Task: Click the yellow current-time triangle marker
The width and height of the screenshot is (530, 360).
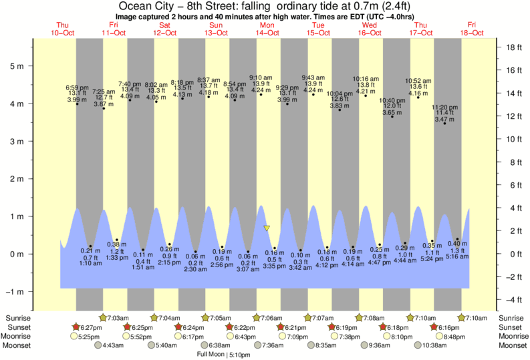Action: tap(267, 228)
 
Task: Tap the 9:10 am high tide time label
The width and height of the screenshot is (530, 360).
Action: tap(261, 77)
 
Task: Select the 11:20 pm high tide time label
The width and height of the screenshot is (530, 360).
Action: tap(444, 107)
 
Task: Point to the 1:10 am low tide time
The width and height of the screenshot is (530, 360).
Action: tap(90, 264)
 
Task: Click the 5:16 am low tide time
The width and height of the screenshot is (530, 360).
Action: tap(457, 257)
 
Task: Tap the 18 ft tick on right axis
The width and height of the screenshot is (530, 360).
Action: tap(513, 47)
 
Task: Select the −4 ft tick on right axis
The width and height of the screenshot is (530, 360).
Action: tap(513, 299)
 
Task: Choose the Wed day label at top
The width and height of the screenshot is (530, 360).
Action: tap(370, 25)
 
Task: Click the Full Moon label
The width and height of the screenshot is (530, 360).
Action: tap(210, 355)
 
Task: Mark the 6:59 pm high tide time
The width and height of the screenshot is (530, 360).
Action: tap(77, 87)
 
